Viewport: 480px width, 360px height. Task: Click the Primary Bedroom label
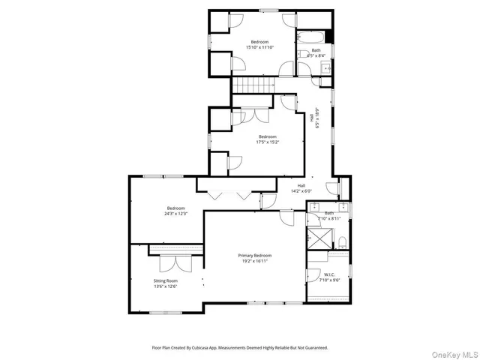click(x=255, y=256)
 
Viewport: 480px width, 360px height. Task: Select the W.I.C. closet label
click(x=329, y=274)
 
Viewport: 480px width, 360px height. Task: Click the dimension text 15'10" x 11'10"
click(x=259, y=47)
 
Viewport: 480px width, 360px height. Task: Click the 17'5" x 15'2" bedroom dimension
click(x=268, y=142)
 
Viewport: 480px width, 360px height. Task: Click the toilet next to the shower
click(x=341, y=241)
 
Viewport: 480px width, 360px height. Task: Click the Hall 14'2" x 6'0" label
click(x=301, y=188)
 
